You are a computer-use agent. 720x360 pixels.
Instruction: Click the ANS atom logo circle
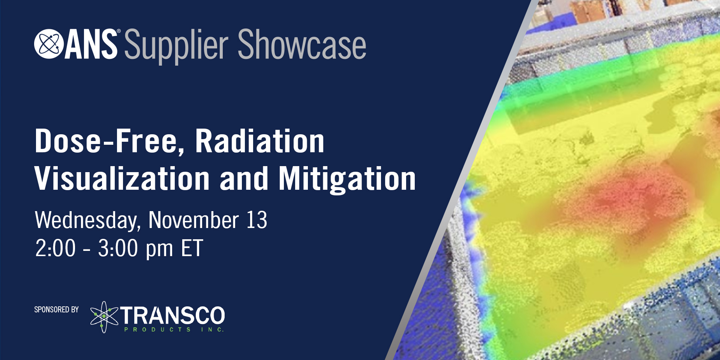[49, 44]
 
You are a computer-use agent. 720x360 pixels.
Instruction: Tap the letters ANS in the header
[91, 44]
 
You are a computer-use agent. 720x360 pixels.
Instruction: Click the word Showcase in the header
[302, 44]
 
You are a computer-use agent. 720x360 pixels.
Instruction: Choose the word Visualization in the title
[122, 178]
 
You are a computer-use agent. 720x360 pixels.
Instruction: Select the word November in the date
[193, 220]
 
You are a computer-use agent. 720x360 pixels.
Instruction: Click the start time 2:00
[55, 248]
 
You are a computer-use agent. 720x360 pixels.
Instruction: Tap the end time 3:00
[118, 248]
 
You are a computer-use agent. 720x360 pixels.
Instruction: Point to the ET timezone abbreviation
[192, 248]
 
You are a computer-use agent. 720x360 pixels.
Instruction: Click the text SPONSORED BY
[57, 309]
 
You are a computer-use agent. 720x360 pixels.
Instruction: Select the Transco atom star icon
[104, 317]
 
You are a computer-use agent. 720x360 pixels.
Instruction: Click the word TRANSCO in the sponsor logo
[173, 315]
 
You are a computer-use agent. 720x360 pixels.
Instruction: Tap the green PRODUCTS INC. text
[174, 330]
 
